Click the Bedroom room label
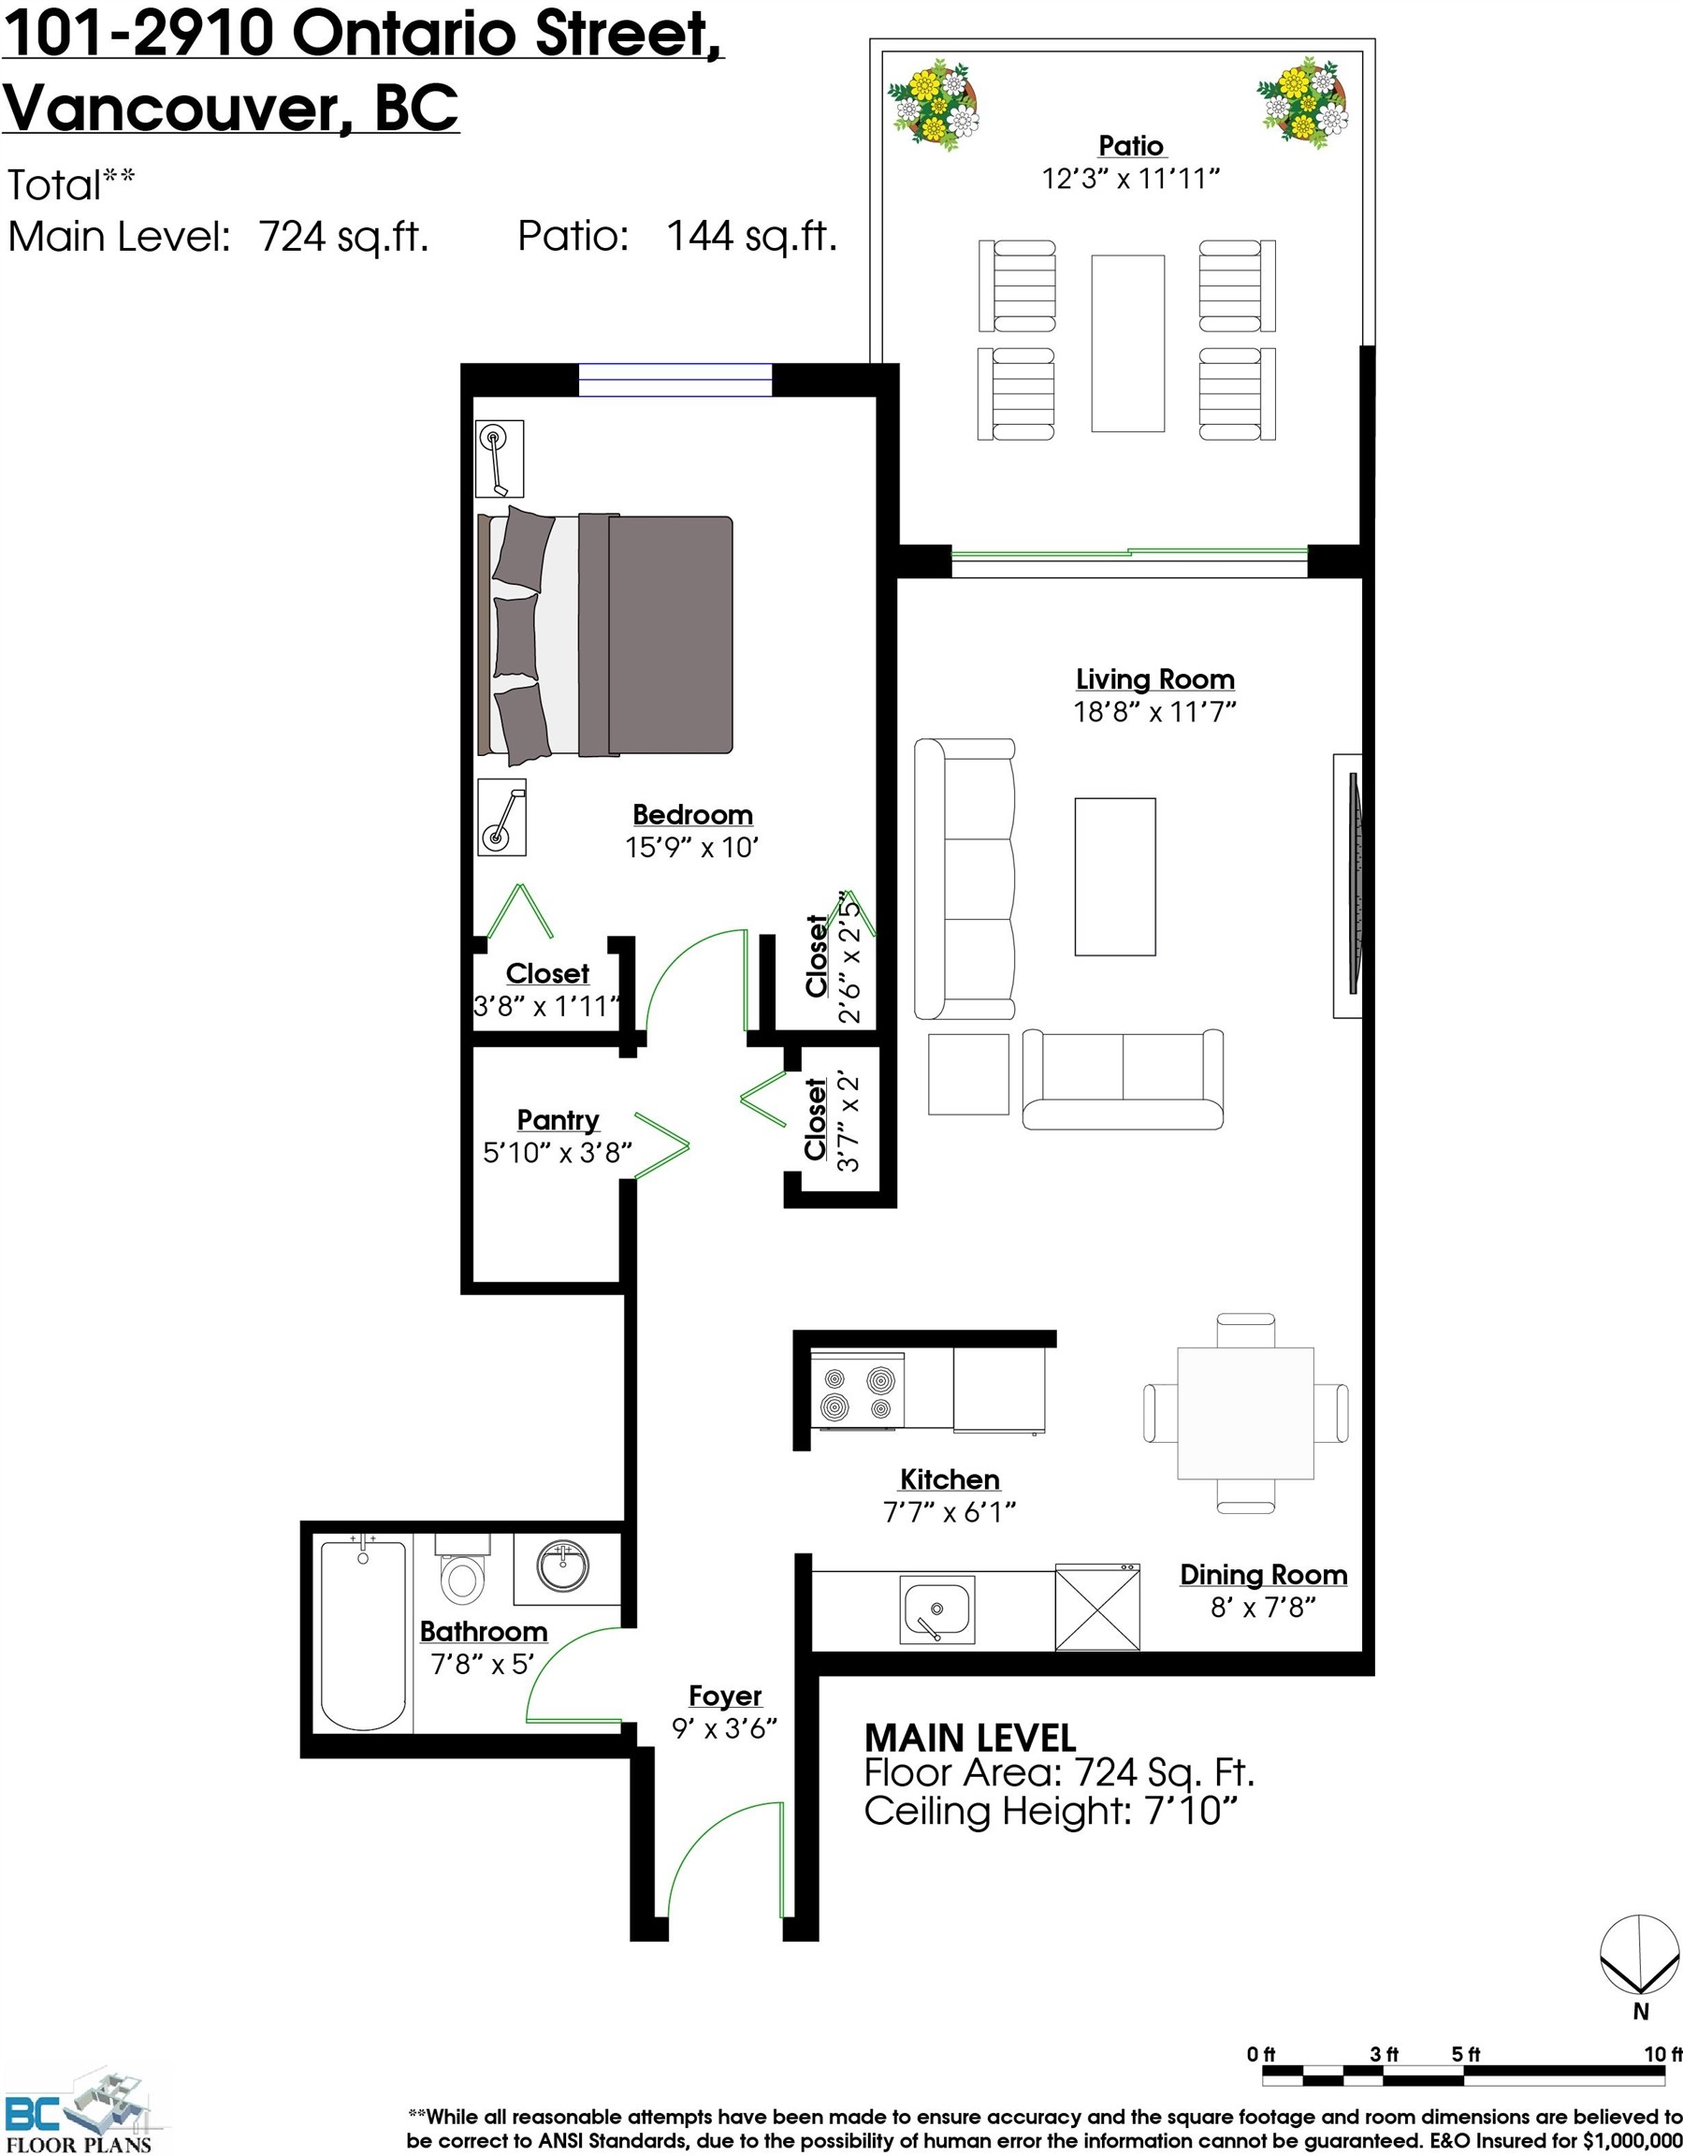692,814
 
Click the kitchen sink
936,1610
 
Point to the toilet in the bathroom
462,1573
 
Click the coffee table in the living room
1114,877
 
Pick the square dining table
1245,1413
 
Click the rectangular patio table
1127,342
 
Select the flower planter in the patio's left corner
933,106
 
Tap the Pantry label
558,1119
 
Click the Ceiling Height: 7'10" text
1051,1811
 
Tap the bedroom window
675,380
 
